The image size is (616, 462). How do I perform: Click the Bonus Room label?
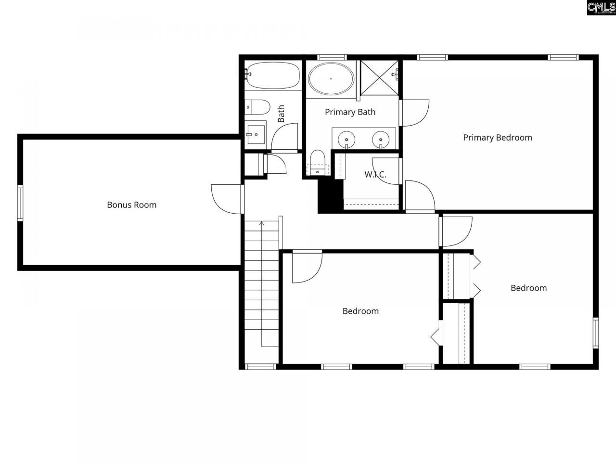coord(131,205)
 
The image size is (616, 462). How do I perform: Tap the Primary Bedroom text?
coord(497,137)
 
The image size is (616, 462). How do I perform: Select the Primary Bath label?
coord(350,112)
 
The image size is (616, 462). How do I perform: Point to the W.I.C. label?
coord(375,174)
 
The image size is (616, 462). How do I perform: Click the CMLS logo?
coord(601,7)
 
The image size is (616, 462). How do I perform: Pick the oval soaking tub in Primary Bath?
coord(331,78)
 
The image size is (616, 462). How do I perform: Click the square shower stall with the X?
coord(379,77)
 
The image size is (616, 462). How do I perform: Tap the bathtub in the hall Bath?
coord(272,75)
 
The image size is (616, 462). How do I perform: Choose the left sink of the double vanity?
coord(346,139)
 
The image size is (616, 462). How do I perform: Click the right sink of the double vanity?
coord(381,139)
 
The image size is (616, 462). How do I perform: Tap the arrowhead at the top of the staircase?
coord(262,223)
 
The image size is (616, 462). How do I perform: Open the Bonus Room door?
coord(226,199)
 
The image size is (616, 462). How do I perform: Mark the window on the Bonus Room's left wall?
coord(20,203)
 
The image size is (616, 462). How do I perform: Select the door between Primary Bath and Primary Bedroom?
coord(414,113)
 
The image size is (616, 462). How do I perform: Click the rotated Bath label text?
coord(281,114)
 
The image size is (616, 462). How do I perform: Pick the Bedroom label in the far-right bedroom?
coord(528,288)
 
